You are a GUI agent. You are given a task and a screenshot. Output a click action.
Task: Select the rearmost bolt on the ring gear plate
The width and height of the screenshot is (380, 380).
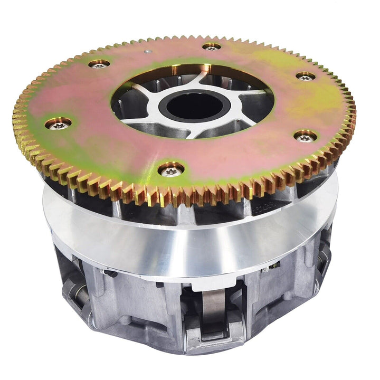[211, 47]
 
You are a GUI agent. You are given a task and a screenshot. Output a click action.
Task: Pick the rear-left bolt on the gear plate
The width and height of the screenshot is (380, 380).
[99, 64]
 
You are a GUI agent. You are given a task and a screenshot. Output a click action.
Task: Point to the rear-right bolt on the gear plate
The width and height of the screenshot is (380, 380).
[306, 76]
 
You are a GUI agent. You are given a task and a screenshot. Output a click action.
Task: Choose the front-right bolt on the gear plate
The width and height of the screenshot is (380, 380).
[305, 136]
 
